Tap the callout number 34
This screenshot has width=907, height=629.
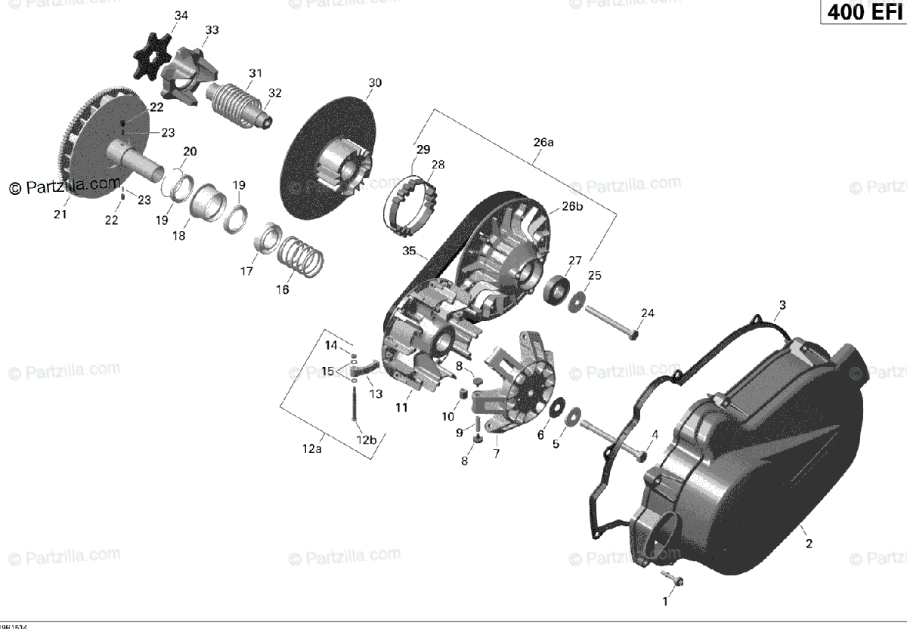[x=181, y=16]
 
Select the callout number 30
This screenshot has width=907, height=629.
[x=375, y=82]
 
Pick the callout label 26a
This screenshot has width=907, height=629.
[x=543, y=141]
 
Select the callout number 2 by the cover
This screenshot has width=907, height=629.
[x=808, y=544]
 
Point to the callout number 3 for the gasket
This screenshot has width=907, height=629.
[x=782, y=305]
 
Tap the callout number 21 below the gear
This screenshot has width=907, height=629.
[x=60, y=214]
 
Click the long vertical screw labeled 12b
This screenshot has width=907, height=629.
[x=353, y=406]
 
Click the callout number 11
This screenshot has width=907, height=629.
[x=401, y=408]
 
